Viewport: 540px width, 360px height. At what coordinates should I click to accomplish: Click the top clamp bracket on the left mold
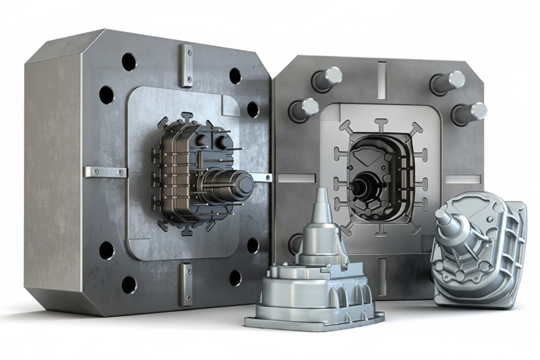[186, 65]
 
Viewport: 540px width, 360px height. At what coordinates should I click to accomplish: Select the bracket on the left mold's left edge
[105, 172]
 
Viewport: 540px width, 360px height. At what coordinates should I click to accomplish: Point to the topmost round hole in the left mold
[129, 62]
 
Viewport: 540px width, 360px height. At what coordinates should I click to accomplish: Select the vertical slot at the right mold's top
[382, 74]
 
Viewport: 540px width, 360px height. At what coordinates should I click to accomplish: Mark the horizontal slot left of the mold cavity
[296, 178]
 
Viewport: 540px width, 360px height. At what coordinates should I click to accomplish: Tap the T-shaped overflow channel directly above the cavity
[381, 125]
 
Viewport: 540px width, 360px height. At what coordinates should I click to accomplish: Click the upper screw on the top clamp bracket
[189, 52]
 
